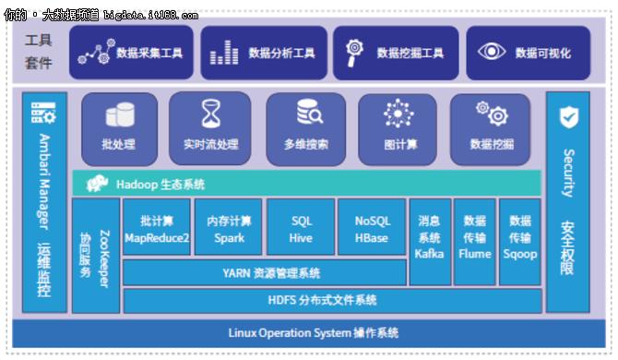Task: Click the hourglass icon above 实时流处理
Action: tap(210, 114)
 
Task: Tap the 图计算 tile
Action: tap(398, 128)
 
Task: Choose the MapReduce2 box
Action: tap(157, 229)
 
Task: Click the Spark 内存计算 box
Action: tap(229, 229)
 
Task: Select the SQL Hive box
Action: tap(301, 229)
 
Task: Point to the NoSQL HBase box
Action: tap(373, 229)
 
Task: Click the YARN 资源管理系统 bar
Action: tap(264, 273)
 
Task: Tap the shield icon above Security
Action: tap(568, 116)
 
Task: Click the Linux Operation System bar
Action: tap(309, 332)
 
